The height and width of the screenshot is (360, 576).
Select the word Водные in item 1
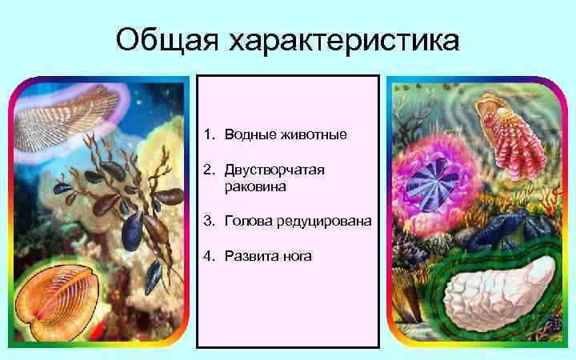(x=250, y=134)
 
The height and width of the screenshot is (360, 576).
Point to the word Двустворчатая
(x=276, y=170)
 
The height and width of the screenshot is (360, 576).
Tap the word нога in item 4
(x=296, y=256)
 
